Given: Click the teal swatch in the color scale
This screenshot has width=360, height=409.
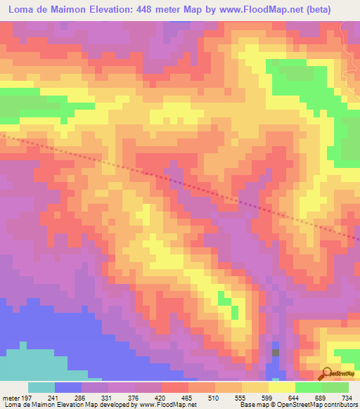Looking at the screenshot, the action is [x=41, y=387].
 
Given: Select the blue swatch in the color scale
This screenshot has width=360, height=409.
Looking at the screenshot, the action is [x=67, y=387].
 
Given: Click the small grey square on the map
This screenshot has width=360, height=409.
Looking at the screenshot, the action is [x=276, y=352].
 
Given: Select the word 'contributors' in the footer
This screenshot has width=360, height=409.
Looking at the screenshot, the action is [x=340, y=405].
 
